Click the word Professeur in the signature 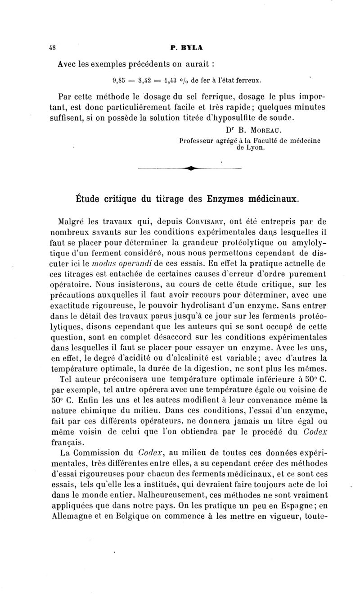pos(199,141)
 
